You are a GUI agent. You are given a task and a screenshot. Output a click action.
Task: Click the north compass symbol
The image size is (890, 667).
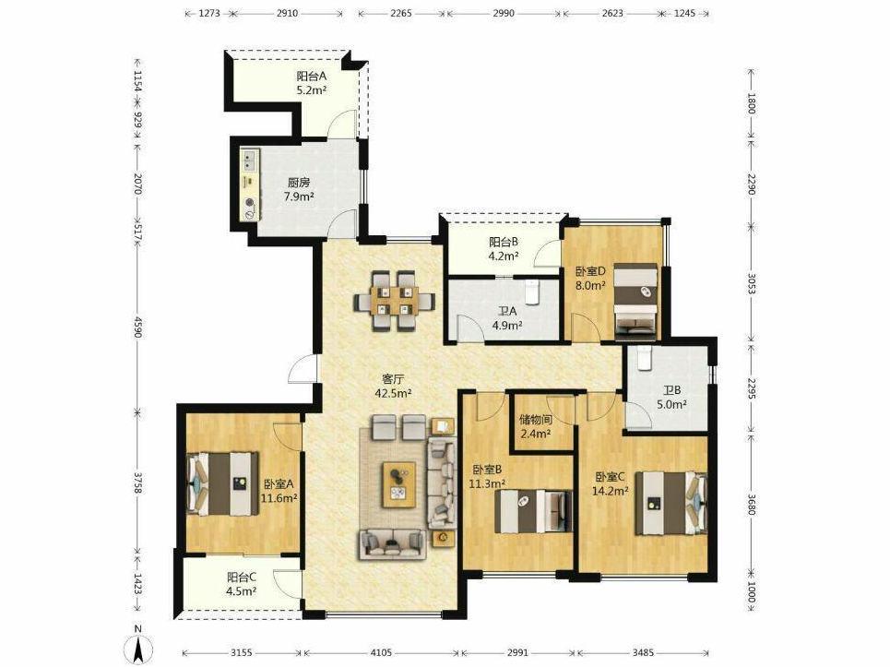137,646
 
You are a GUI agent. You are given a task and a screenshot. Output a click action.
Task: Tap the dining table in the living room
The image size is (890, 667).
395,301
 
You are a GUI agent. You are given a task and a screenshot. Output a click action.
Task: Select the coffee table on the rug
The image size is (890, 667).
399,484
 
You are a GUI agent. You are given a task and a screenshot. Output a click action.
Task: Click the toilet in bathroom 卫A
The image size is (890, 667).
532,292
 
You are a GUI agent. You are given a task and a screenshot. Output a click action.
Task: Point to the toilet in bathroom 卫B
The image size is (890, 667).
643,358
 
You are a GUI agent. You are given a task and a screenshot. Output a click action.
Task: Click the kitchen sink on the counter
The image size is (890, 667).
250,161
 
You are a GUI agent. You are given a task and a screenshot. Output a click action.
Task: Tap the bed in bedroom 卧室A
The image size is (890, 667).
223,483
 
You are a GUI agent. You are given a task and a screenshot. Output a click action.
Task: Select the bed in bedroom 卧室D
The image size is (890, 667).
635,302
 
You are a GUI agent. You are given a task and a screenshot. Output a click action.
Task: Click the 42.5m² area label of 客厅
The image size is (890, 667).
393,393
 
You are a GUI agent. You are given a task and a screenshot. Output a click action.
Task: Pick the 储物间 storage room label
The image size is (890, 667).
536,420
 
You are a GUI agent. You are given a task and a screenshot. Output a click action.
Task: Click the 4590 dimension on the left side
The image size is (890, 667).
136,326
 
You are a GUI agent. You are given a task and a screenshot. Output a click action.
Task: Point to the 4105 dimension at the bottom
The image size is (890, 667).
381,653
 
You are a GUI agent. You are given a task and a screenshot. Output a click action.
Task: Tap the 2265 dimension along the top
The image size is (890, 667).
401,14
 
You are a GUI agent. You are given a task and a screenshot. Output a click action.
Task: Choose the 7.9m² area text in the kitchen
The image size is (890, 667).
299,197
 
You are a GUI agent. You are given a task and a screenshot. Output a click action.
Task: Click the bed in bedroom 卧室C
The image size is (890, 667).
670,504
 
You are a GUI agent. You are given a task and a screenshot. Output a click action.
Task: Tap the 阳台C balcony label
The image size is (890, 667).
242,578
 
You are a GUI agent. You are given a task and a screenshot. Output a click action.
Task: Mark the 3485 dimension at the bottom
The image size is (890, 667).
643,653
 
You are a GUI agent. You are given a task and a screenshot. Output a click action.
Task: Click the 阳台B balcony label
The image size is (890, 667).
504,242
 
